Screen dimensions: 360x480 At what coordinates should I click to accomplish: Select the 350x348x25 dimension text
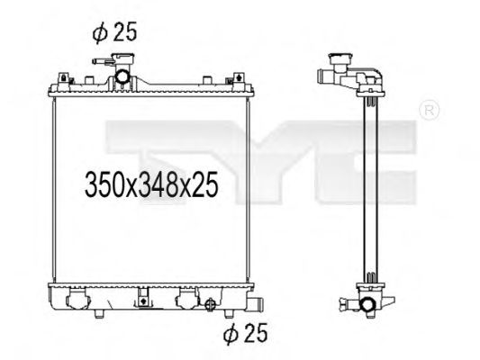point(151,186)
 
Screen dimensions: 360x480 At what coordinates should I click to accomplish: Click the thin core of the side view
point(366,189)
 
